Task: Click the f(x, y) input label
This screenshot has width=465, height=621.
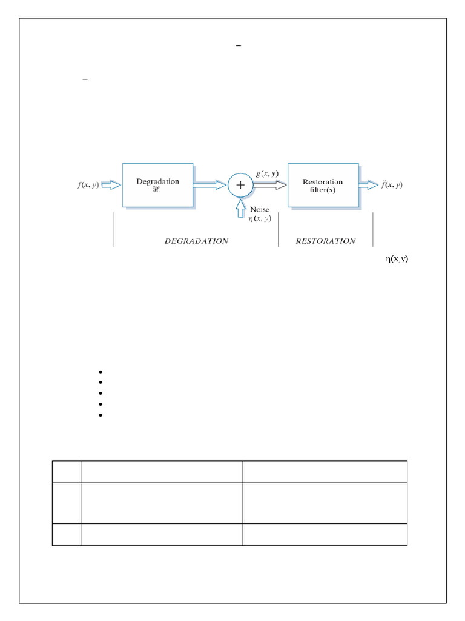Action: click(89, 185)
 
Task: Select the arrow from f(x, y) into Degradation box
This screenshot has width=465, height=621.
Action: click(112, 185)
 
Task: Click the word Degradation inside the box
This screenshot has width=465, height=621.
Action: click(157, 181)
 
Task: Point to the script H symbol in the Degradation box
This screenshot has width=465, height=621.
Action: click(157, 190)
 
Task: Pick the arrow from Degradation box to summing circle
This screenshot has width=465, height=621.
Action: click(209, 186)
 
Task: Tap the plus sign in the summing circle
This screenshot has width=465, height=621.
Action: click(240, 186)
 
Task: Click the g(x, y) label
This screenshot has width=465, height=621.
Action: click(267, 174)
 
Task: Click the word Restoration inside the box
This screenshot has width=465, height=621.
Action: click(323, 181)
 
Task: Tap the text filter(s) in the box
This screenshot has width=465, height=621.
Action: click(323, 190)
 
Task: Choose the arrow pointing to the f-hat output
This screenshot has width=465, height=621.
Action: click(369, 186)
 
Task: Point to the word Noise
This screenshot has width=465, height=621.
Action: click(259, 209)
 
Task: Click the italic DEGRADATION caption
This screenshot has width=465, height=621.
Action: click(196, 241)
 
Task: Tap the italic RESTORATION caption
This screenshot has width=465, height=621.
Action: click(325, 241)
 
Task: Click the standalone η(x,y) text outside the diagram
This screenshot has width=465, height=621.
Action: click(397, 259)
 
